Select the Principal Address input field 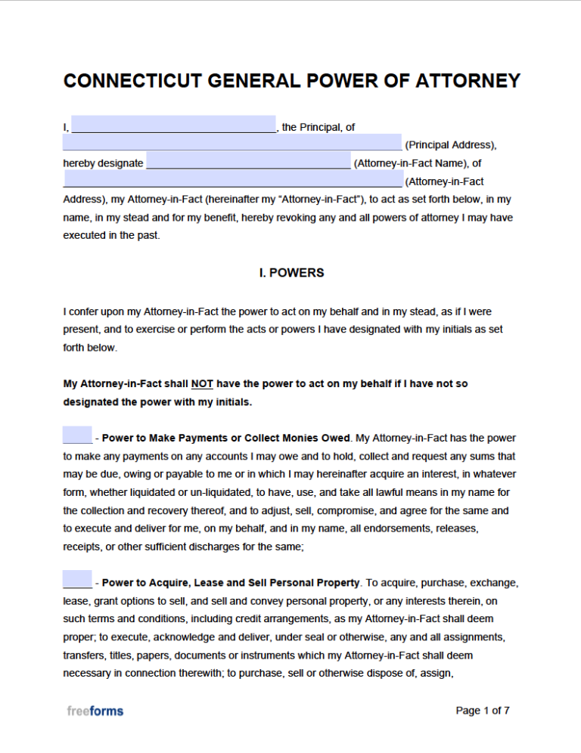coord(232,143)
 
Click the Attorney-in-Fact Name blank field coord(248,162)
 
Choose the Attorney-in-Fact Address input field coord(232,180)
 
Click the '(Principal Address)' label coord(451,144)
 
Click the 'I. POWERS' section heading coord(291,273)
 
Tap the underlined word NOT coord(202,384)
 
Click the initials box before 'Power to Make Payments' coord(77,435)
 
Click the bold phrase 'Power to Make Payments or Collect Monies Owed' coord(226,438)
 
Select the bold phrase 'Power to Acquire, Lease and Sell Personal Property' coord(231,583)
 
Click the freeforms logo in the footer coord(95,711)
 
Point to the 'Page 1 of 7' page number coord(483,711)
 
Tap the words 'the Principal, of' coord(318,127)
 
